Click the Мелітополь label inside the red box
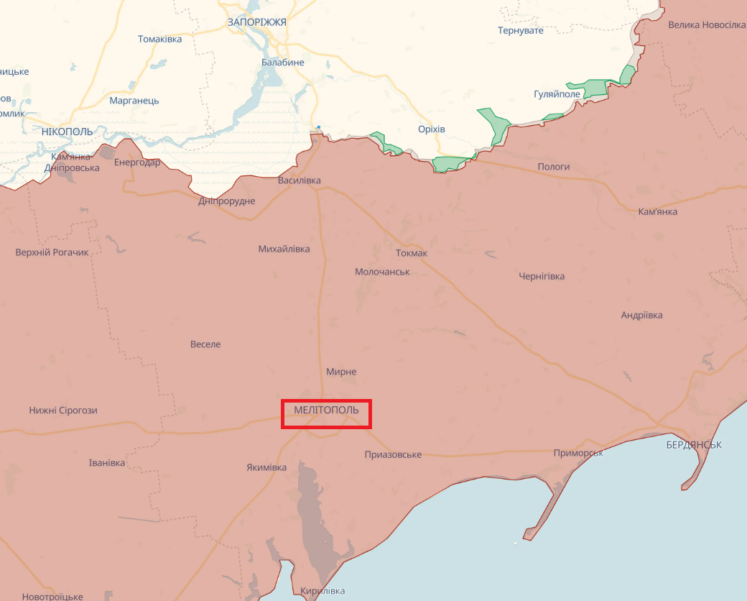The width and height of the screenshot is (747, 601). tap(326, 410)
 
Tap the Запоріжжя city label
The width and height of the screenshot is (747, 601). tap(256, 22)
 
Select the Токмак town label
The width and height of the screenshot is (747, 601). tap(412, 253)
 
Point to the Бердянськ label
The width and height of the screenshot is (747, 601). tap(694, 445)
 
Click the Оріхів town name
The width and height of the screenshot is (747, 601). tap(432, 129)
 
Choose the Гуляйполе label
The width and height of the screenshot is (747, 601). tap(557, 95)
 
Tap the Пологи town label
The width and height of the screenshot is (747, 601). tap(554, 167)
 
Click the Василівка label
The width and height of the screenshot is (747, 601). tap(300, 180)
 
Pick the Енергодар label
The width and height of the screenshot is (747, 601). tap(137, 162)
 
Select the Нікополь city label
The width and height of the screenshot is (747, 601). tap(68, 132)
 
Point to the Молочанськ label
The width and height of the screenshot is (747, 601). tap(382, 272)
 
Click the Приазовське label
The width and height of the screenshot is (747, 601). tap(393, 454)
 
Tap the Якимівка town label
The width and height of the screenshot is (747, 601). tap(266, 468)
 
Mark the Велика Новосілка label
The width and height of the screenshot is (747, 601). tap(707, 25)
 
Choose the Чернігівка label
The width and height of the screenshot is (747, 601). tap(542, 276)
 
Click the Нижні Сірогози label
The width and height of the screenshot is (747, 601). tap(63, 410)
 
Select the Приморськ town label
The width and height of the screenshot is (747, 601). tap(578, 453)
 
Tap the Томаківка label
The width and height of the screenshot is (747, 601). tap(160, 39)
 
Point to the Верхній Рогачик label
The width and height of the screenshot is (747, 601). tap(52, 252)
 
